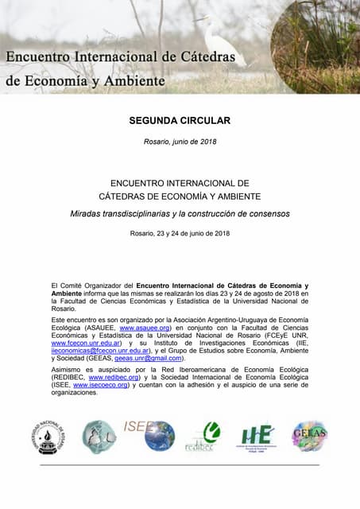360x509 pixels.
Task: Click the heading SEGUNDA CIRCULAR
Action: (180, 122)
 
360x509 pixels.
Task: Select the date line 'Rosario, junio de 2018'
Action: (180, 141)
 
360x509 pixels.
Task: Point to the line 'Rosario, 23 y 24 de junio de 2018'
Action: (180, 233)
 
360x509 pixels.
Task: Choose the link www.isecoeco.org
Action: (101, 386)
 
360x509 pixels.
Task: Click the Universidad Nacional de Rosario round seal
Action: (49, 437)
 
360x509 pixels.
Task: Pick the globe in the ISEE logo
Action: (160, 436)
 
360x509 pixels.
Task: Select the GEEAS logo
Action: (309, 436)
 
